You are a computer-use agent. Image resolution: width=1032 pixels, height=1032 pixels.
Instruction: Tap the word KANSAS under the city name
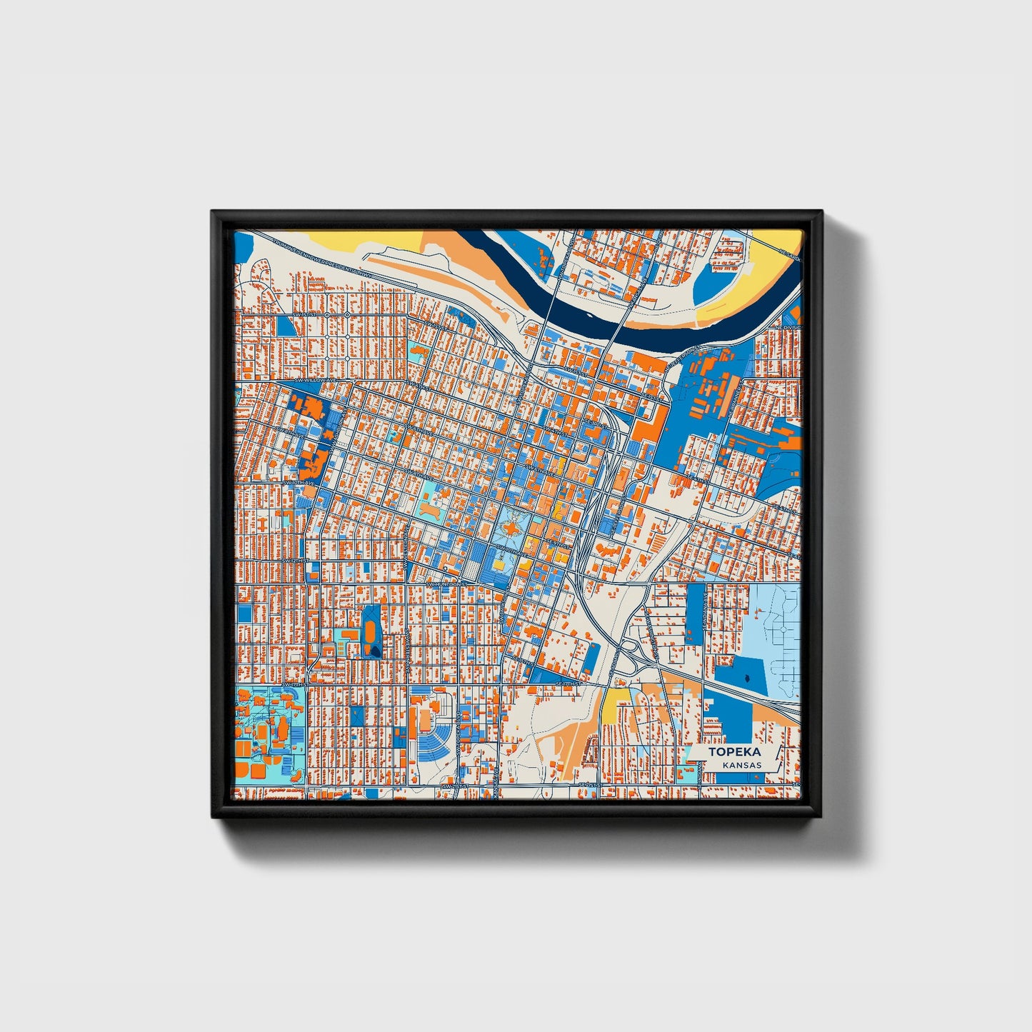741,765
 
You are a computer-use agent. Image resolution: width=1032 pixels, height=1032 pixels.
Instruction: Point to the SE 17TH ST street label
569,683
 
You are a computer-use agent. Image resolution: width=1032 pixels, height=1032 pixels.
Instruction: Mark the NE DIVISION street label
791,327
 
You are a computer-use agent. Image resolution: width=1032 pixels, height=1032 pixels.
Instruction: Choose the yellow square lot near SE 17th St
613,708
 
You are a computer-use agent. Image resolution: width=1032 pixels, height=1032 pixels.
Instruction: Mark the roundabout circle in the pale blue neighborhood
783,629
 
